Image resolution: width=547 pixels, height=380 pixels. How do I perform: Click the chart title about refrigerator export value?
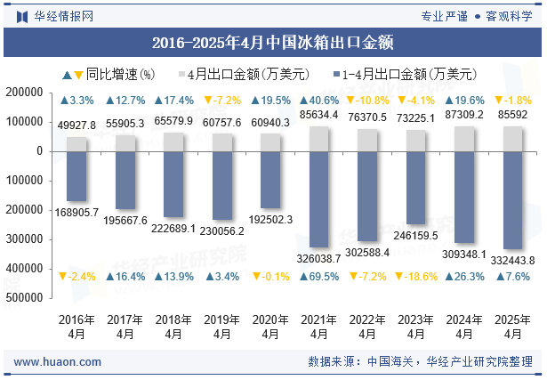tap(273, 42)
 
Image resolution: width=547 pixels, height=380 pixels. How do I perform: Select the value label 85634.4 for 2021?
tap(319, 115)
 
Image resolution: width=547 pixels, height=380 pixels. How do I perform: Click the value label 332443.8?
tap(512, 260)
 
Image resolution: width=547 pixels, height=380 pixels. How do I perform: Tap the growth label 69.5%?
tap(319, 277)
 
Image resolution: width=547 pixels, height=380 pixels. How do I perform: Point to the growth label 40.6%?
tap(319, 101)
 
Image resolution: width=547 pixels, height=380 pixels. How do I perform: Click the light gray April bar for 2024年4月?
tap(464, 139)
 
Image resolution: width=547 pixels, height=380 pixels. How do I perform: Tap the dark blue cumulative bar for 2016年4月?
tap(76, 175)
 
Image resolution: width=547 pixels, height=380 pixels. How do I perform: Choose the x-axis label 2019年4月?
tap(222, 327)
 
